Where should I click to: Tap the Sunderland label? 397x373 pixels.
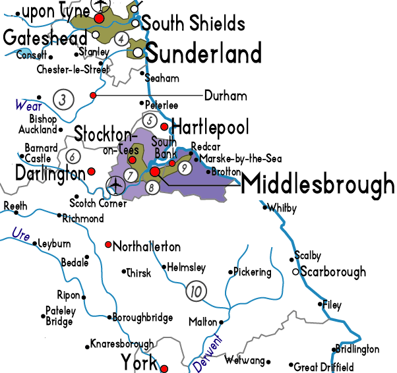(203, 52)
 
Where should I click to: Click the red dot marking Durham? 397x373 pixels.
(93, 96)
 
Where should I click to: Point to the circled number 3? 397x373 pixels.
(63, 100)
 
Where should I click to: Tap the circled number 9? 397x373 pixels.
(185, 169)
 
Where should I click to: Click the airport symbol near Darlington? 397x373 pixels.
(116, 185)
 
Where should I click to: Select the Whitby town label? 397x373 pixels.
(284, 208)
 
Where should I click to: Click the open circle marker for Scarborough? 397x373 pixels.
(295, 272)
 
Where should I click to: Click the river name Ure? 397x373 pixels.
(21, 235)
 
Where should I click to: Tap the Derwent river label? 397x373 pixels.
(206, 351)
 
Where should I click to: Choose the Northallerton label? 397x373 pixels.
(147, 247)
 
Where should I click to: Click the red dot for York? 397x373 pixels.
(165, 368)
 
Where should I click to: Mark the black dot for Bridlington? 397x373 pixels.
(333, 350)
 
